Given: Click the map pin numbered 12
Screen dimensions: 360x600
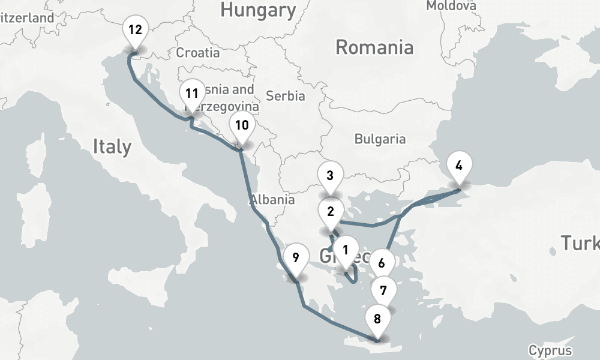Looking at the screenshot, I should (135, 30).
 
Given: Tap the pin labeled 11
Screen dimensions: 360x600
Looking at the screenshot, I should (191, 94).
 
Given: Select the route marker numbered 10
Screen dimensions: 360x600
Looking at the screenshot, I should (242, 126).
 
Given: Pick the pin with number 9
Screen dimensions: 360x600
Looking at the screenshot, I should (295, 259).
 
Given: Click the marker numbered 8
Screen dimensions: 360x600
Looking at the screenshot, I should (377, 319).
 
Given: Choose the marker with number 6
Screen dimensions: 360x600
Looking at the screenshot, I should (381, 263).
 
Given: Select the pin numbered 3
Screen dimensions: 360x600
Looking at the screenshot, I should (330, 176).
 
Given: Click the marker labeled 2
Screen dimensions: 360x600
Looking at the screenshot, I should (330, 212).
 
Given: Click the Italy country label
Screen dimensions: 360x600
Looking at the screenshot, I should (112, 146).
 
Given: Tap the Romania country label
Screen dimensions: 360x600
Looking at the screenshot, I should (374, 47).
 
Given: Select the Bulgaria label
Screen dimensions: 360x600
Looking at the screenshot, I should (380, 139).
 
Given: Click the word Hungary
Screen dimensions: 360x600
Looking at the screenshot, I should (258, 10).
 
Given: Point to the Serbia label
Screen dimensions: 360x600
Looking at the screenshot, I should (286, 95).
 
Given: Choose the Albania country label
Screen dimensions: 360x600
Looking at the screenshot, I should (272, 200).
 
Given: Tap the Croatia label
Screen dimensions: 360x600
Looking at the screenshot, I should (198, 52).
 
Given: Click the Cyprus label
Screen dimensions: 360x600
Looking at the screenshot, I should (550, 350).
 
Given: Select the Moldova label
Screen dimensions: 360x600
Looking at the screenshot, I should (451, 5).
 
